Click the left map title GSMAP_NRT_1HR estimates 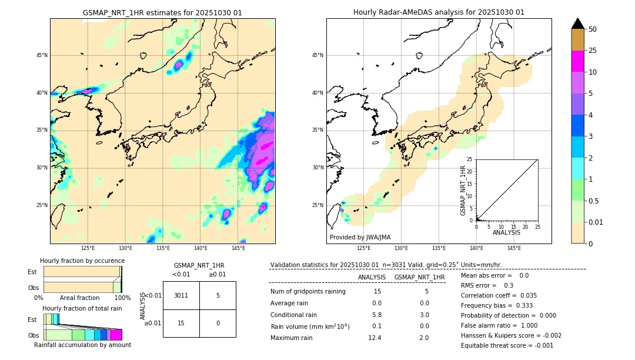(162, 12)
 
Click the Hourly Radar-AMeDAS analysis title (439, 12)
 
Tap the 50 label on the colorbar (593, 29)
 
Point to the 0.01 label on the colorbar (596, 222)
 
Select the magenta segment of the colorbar (577, 61)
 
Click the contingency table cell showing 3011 (181, 295)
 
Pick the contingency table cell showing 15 (181, 323)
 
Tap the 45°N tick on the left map (42, 55)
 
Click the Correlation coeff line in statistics (499, 295)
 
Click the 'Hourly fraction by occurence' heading (82, 261)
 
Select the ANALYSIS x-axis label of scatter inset (506, 232)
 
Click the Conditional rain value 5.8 (377, 315)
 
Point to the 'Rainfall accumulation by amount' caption (82, 345)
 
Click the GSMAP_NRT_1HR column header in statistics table (419, 277)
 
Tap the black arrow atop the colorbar (578, 24)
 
